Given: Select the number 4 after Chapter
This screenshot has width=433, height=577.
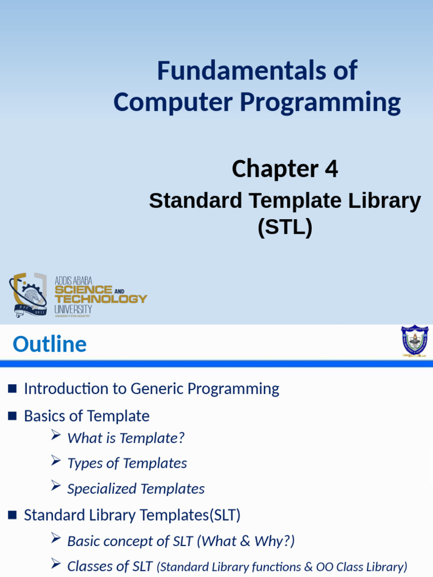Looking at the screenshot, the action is coord(331,169).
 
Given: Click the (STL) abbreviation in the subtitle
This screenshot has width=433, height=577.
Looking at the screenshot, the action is coord(285,227).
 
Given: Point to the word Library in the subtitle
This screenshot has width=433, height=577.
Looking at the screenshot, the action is coord(385,202).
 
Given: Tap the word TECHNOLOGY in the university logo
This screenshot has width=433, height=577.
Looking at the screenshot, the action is coord(101,299).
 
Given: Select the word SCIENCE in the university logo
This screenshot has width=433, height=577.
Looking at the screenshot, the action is coord(83,290).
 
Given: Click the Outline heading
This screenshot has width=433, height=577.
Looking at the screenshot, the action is coord(50,344).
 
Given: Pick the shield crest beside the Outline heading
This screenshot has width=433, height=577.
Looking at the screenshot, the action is coord(414,341).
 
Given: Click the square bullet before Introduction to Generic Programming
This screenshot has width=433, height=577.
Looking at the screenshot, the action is coord(12,389).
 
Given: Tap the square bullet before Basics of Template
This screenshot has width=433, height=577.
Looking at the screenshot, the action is coord(12,416).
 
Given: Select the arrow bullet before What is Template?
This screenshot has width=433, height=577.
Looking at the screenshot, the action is coord(56,436).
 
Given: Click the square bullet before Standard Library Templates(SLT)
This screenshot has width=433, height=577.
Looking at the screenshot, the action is coord(12,515).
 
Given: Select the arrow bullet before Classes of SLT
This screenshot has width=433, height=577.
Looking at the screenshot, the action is coord(56,563).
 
